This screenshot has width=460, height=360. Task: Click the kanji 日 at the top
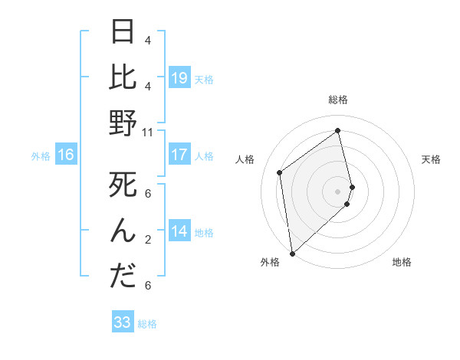tap(123, 31)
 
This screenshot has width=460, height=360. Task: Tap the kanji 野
tap(123, 123)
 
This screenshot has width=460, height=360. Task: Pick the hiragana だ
tap(123, 277)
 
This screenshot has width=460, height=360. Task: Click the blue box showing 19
tap(179, 77)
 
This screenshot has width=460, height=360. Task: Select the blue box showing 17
tap(179, 155)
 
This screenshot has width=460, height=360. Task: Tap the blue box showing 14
tap(179, 231)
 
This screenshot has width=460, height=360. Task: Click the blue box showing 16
tap(65, 155)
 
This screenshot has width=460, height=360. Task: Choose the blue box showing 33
tap(123, 322)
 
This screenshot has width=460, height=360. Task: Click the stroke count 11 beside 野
tap(148, 132)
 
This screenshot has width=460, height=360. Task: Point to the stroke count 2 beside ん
tap(148, 239)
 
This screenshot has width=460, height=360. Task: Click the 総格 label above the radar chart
tap(337, 100)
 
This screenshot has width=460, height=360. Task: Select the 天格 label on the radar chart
tap(431, 159)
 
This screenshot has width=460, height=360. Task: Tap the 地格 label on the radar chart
tap(402, 262)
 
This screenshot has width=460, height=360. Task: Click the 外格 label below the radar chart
tap(269, 262)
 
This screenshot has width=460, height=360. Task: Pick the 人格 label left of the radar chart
tap(245, 159)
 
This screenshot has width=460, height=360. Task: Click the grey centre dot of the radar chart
tap(337, 191)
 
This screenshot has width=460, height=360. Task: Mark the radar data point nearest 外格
tap(291, 253)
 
